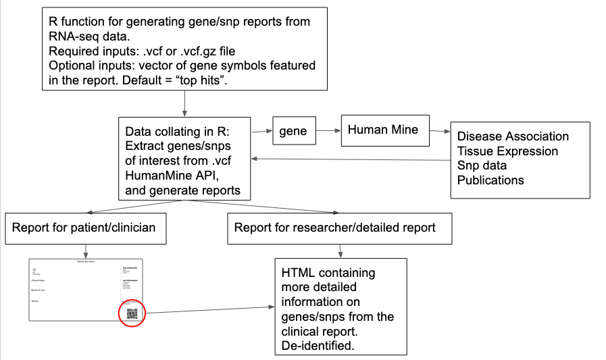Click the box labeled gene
pyautogui.click(x=293, y=130)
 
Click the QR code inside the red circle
pyautogui.click(x=132, y=313)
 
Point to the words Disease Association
pyautogui.click(x=513, y=136)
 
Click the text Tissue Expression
pyautogui.click(x=507, y=151)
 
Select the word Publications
pyautogui.click(x=490, y=180)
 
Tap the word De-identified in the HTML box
pyautogui.click(x=317, y=346)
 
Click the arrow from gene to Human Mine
pyautogui.click(x=328, y=130)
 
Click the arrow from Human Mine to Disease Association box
pyautogui.click(x=440, y=131)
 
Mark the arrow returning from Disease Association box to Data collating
pyautogui.click(x=351, y=159)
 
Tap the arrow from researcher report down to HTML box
pyautogui.click(x=339, y=251)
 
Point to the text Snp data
pyautogui.click(x=482, y=165)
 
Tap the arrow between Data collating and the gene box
pyautogui.click(x=261, y=130)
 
